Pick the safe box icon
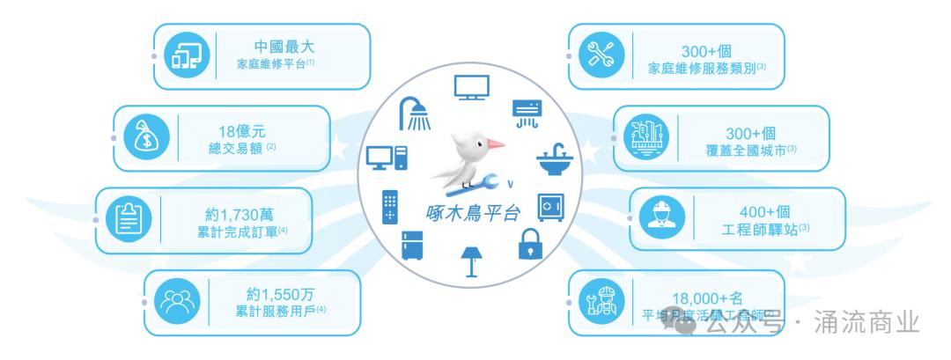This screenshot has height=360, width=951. pos(550,207)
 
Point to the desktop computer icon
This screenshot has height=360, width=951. pos(387,159)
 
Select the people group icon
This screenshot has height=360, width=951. pos(173,300)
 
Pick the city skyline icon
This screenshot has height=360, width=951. pos(645,137)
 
